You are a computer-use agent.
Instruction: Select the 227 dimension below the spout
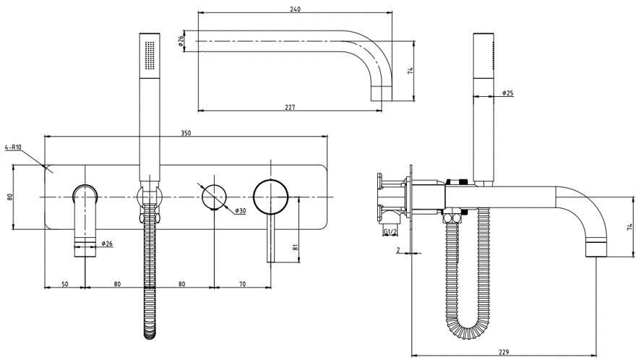click(x=290, y=107)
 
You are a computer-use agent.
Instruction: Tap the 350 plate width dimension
click(x=186, y=132)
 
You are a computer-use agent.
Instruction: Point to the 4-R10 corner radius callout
click(x=13, y=147)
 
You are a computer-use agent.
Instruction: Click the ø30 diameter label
click(x=241, y=210)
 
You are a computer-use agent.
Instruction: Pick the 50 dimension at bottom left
click(x=65, y=284)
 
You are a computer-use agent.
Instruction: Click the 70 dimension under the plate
click(x=242, y=284)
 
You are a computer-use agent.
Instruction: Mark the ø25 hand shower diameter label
click(x=507, y=93)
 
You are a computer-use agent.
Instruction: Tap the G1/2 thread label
click(x=391, y=231)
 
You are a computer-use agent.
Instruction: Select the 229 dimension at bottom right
click(x=504, y=352)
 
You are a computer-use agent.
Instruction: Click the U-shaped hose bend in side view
click(x=471, y=329)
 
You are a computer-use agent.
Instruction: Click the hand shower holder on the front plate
click(x=149, y=195)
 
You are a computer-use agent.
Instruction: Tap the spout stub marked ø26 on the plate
click(x=86, y=217)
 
